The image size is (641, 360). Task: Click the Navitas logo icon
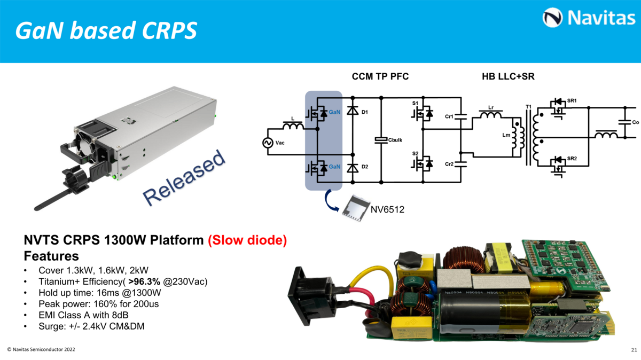tap(552, 18)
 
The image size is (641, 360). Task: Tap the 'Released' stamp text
tap(184, 178)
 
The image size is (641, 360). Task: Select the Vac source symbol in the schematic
tap(267, 143)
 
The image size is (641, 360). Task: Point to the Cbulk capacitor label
tap(395, 140)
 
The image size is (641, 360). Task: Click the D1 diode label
tap(365, 112)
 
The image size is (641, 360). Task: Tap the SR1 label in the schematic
tap(572, 100)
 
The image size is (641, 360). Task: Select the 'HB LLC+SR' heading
tap(508, 77)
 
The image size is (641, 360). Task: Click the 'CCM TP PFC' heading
tap(380, 77)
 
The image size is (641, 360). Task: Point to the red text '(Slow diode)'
tap(247, 240)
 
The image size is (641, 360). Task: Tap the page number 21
tap(634, 350)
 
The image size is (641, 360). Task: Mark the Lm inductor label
tap(506, 136)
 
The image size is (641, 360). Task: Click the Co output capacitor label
tap(636, 122)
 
